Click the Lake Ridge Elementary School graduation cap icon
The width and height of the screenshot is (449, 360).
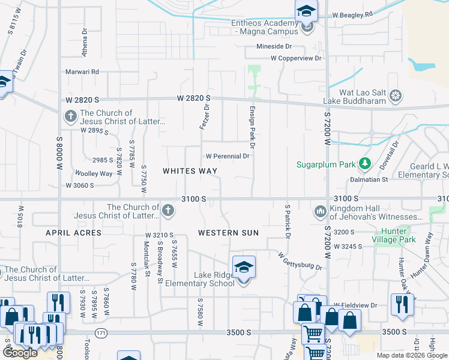point(244,267)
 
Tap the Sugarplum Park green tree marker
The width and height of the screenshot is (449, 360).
point(364,164)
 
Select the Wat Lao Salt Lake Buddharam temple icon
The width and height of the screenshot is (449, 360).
point(396,95)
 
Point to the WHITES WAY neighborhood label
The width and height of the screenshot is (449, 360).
point(190,171)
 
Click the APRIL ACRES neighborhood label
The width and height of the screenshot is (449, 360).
point(67,232)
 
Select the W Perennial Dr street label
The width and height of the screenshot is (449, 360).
point(228,156)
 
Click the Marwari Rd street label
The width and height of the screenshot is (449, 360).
point(82,72)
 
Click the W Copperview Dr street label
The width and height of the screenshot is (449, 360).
point(296,58)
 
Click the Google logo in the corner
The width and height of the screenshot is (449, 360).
point(20,353)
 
